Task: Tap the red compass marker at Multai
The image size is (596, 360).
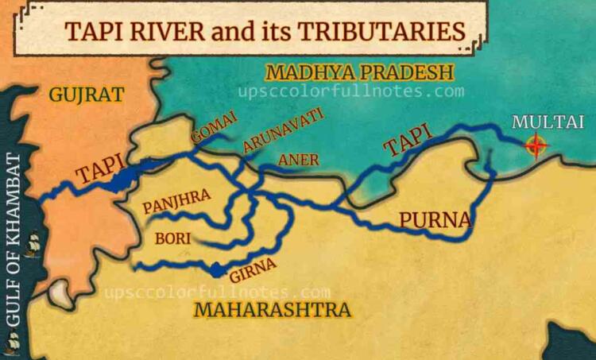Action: pyautogui.click(x=537, y=145)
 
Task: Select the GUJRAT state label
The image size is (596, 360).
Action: pyautogui.click(x=87, y=95)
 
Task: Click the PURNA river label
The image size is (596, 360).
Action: pyautogui.click(x=435, y=219)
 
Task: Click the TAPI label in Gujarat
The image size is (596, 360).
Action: pyautogui.click(x=99, y=174)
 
